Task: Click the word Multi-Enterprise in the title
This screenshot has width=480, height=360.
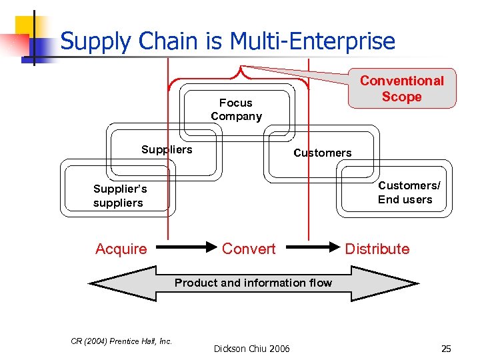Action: (x=313, y=41)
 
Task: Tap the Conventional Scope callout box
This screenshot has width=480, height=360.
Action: (x=401, y=89)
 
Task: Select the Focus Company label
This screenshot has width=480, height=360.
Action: (x=236, y=109)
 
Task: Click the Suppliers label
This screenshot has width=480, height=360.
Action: (x=167, y=149)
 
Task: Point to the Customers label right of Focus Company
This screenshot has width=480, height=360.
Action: (x=322, y=153)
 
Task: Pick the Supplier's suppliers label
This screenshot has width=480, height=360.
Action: (x=120, y=196)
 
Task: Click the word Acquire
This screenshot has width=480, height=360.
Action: (x=121, y=249)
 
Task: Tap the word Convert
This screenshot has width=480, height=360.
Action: (x=248, y=249)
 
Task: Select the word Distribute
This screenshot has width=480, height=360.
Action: (x=377, y=249)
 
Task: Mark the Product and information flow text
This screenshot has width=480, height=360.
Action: (x=253, y=283)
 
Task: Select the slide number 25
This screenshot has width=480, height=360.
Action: (x=446, y=348)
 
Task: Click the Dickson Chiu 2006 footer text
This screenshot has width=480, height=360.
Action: (x=251, y=348)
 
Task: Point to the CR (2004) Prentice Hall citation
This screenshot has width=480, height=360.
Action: (x=121, y=341)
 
